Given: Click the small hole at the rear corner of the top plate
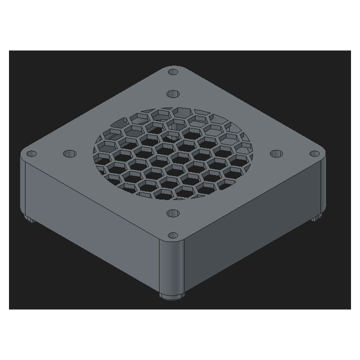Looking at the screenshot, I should pyautogui.click(x=173, y=72).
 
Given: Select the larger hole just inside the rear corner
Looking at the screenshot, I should pyautogui.click(x=173, y=93).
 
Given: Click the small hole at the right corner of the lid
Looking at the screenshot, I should pyautogui.click(x=314, y=153).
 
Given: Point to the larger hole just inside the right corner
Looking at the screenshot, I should pyautogui.click(x=276, y=153).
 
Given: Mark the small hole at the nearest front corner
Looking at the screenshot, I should pyautogui.click(x=173, y=235).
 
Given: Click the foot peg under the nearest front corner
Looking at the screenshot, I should pyautogui.click(x=171, y=295).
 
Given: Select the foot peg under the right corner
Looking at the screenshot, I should pyautogui.click(x=315, y=218).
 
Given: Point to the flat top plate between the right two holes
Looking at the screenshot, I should pyautogui.click(x=295, y=153).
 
